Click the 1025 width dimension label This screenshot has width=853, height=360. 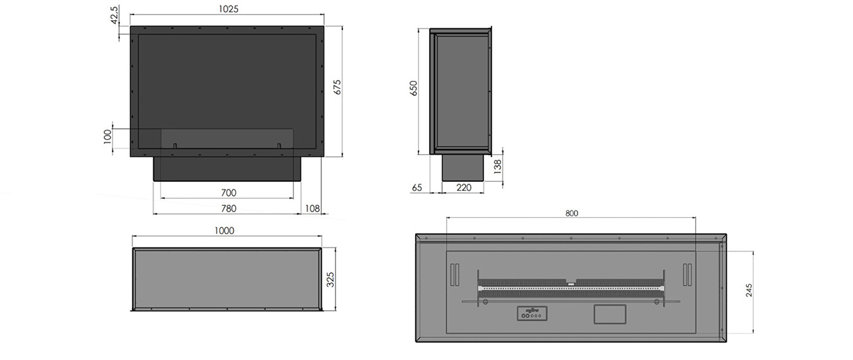pyautogui.click(x=229, y=10)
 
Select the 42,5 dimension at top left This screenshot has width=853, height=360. pyautogui.click(x=114, y=15)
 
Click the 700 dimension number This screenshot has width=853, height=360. pyautogui.click(x=229, y=193)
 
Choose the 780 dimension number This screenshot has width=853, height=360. pyautogui.click(x=228, y=208)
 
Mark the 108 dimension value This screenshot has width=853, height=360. pyautogui.click(x=312, y=208)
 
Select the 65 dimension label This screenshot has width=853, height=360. pyautogui.click(x=417, y=188)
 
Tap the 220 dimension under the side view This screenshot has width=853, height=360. pyautogui.click(x=464, y=188)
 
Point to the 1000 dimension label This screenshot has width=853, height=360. pyautogui.click(x=224, y=231)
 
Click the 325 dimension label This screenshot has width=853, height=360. pyautogui.click(x=330, y=279)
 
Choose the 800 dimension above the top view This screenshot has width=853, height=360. pyautogui.click(x=571, y=213)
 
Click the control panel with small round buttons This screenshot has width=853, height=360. pyautogui.click(x=531, y=314)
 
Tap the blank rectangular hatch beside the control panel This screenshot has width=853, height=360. pyautogui.click(x=609, y=314)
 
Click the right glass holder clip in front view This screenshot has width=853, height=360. pyautogui.click(x=279, y=146)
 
